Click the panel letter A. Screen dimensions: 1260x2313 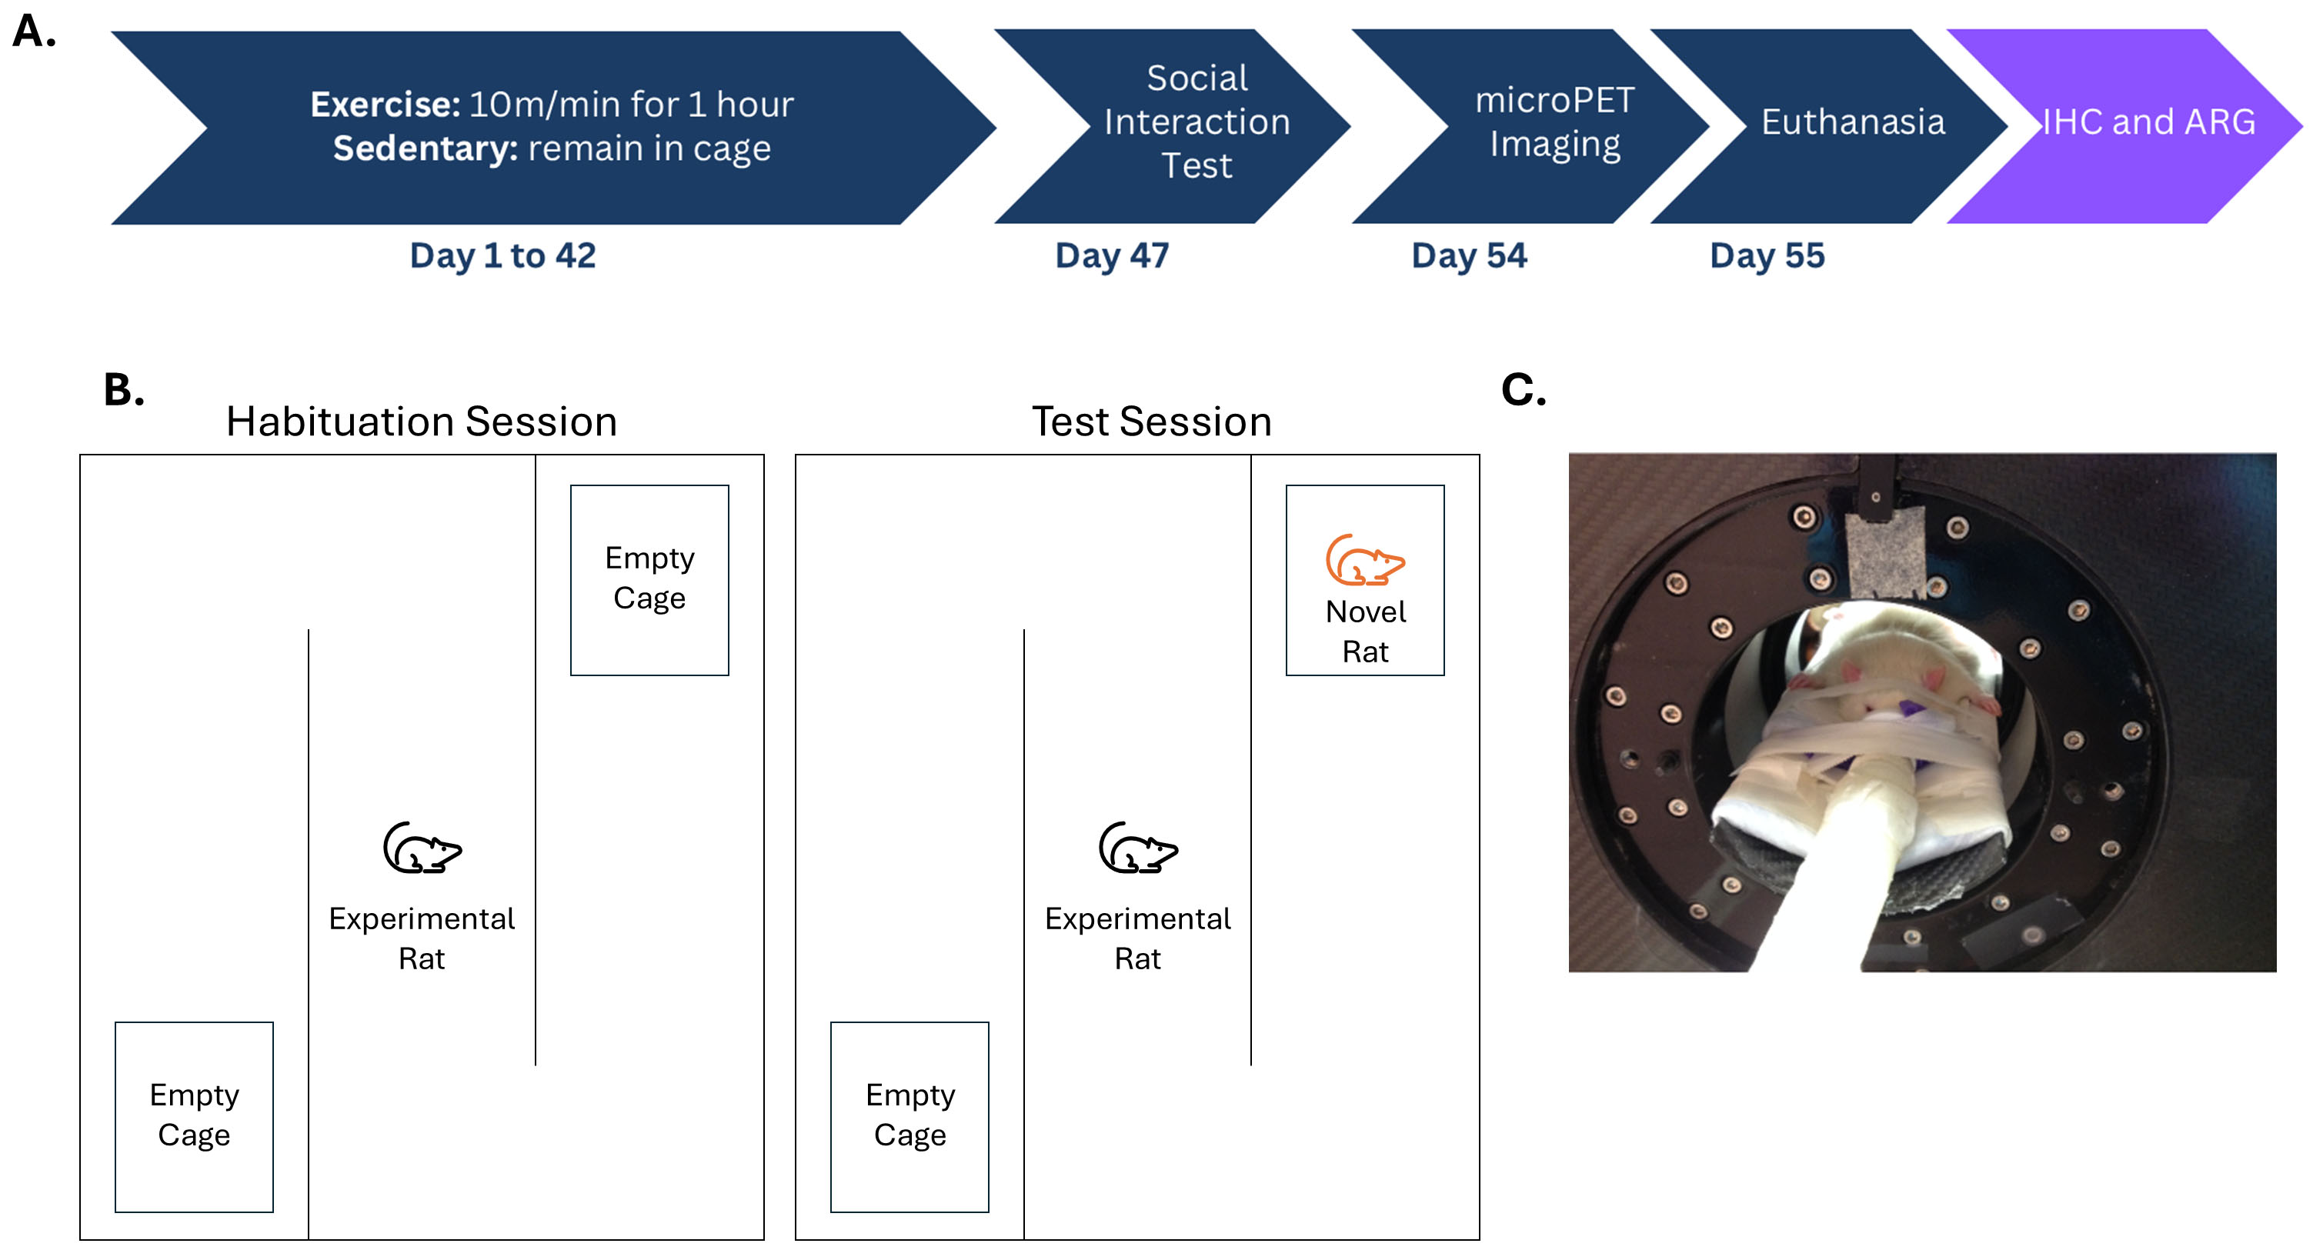click(x=33, y=32)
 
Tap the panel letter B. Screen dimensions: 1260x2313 click(x=124, y=391)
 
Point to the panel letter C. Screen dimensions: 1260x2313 click(x=1523, y=391)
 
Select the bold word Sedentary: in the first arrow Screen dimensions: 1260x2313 click(x=425, y=148)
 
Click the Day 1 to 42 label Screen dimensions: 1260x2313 click(x=502, y=255)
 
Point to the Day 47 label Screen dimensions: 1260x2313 click(x=1112, y=255)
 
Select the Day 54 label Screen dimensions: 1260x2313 click(x=1468, y=255)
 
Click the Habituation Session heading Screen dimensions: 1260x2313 click(x=421, y=422)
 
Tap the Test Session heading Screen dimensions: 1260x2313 click(x=1151, y=422)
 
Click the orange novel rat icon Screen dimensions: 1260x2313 click(x=1364, y=560)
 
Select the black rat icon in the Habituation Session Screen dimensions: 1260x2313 click(x=421, y=847)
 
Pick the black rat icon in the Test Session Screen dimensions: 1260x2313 click(x=1137, y=847)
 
